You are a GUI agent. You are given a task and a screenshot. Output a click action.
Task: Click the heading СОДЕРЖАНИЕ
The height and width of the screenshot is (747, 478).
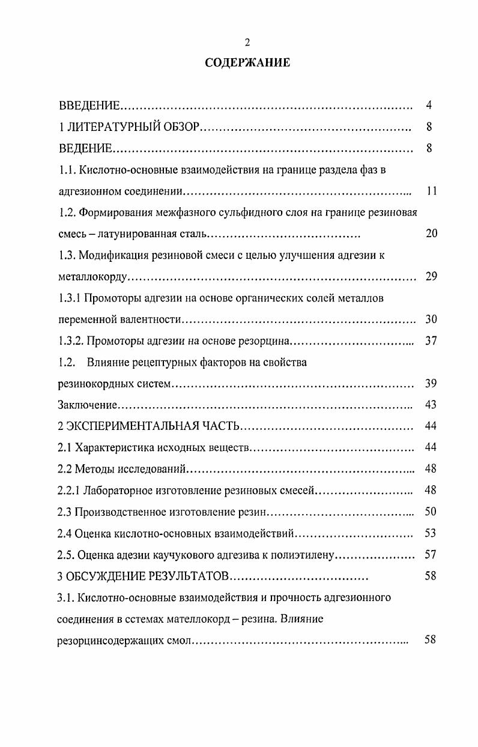point(247,62)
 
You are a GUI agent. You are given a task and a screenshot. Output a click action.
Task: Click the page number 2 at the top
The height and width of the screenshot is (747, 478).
point(247,41)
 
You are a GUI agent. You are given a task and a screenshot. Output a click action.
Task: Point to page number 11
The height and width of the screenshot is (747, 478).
point(431,191)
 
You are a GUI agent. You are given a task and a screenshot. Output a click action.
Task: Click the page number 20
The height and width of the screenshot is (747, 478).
point(431,234)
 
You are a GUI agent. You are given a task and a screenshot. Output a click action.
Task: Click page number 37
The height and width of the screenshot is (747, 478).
point(431,341)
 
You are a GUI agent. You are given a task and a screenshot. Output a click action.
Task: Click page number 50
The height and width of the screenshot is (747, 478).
point(431,512)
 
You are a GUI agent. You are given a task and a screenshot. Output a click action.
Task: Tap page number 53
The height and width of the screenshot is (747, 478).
point(431,533)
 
